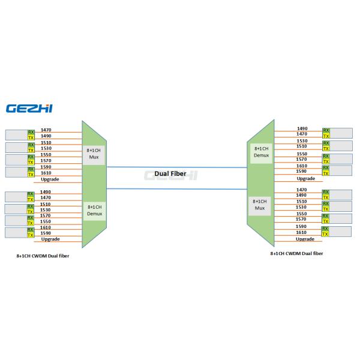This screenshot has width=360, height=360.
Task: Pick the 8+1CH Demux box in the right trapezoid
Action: (x=260, y=151)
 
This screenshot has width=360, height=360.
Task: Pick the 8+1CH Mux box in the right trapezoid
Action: (x=259, y=205)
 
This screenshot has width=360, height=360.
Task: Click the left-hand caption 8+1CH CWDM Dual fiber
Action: (x=42, y=255)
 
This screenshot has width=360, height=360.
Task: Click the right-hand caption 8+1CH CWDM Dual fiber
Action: (x=296, y=253)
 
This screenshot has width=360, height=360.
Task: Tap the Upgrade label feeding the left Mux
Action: (x=50, y=179)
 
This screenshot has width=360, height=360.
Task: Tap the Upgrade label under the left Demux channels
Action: (x=50, y=239)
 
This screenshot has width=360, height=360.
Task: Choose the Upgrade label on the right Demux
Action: (x=305, y=178)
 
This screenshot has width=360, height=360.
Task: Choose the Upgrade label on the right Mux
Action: (x=305, y=239)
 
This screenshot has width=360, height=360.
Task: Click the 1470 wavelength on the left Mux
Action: (x=46, y=130)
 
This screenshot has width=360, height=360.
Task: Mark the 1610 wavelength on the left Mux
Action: (x=46, y=173)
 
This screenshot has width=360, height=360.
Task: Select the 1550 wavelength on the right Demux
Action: (x=302, y=154)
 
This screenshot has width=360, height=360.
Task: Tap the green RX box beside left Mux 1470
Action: (x=31, y=131)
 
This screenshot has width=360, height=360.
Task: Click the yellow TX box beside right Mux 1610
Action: (x=326, y=234)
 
